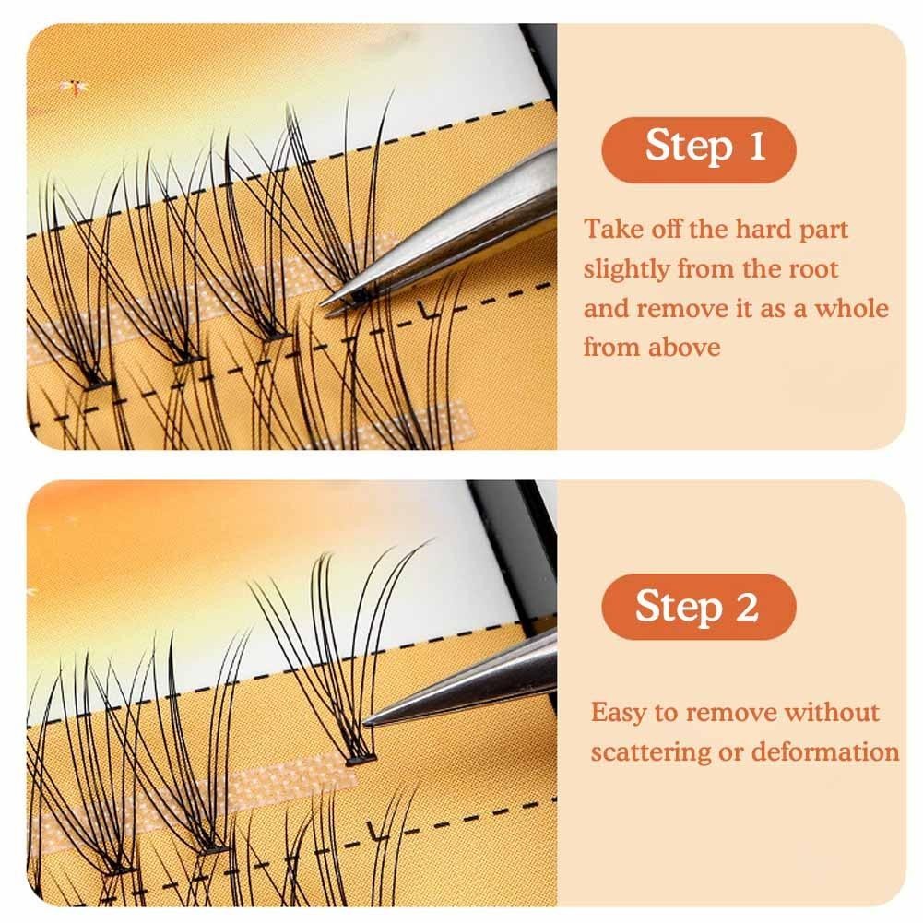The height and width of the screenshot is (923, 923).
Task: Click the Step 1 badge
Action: (698, 149)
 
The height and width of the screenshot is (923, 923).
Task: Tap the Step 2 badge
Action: (698, 607)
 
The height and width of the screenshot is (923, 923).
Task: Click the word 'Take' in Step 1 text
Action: (610, 229)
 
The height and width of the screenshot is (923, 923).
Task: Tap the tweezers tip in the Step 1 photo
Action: (323, 304)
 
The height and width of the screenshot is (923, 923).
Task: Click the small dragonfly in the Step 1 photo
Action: (73, 87)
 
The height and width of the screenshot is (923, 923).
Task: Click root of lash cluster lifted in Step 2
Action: (360, 760)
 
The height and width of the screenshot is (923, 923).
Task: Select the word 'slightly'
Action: (626, 269)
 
